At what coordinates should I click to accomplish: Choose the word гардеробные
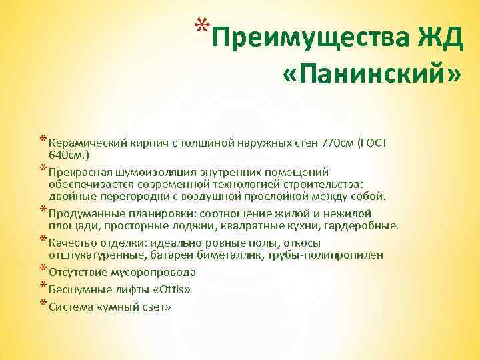365,226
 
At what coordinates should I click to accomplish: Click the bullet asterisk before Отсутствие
43,269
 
